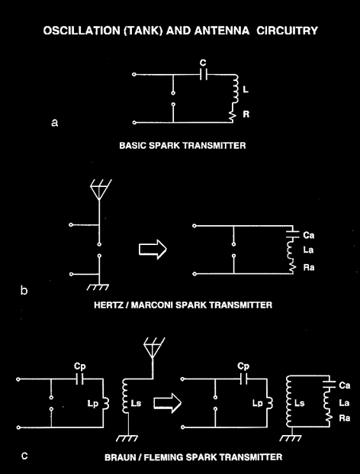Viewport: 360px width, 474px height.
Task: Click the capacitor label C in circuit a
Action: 203,63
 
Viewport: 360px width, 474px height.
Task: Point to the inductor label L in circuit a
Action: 246,90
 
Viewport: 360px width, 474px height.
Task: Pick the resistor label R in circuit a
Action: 246,114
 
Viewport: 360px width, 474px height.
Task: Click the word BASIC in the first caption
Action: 130,146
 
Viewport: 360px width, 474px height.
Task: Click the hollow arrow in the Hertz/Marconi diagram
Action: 153,250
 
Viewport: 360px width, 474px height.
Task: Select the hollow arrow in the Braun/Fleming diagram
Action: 167,403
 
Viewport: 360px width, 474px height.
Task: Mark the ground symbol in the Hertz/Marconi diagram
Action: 98,287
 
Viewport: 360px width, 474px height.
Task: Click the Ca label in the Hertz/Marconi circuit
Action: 308,235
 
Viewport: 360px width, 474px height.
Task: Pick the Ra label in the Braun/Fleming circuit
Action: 345,418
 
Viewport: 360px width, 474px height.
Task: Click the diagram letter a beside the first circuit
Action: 54,123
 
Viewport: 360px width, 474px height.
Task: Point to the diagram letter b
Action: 24,290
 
